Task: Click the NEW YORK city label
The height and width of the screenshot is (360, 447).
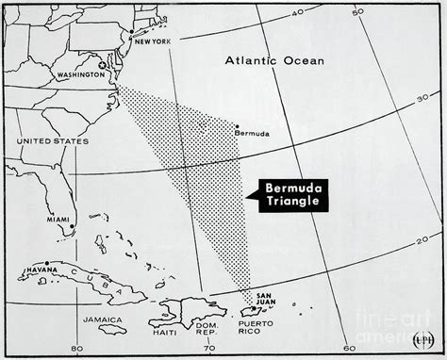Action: click(x=155, y=41)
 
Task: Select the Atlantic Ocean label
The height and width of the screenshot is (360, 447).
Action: click(x=273, y=61)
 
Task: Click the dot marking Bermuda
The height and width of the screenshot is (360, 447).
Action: click(x=237, y=125)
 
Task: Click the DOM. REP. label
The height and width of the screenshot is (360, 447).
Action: click(x=206, y=332)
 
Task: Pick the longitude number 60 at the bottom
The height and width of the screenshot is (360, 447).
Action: click(x=349, y=348)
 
